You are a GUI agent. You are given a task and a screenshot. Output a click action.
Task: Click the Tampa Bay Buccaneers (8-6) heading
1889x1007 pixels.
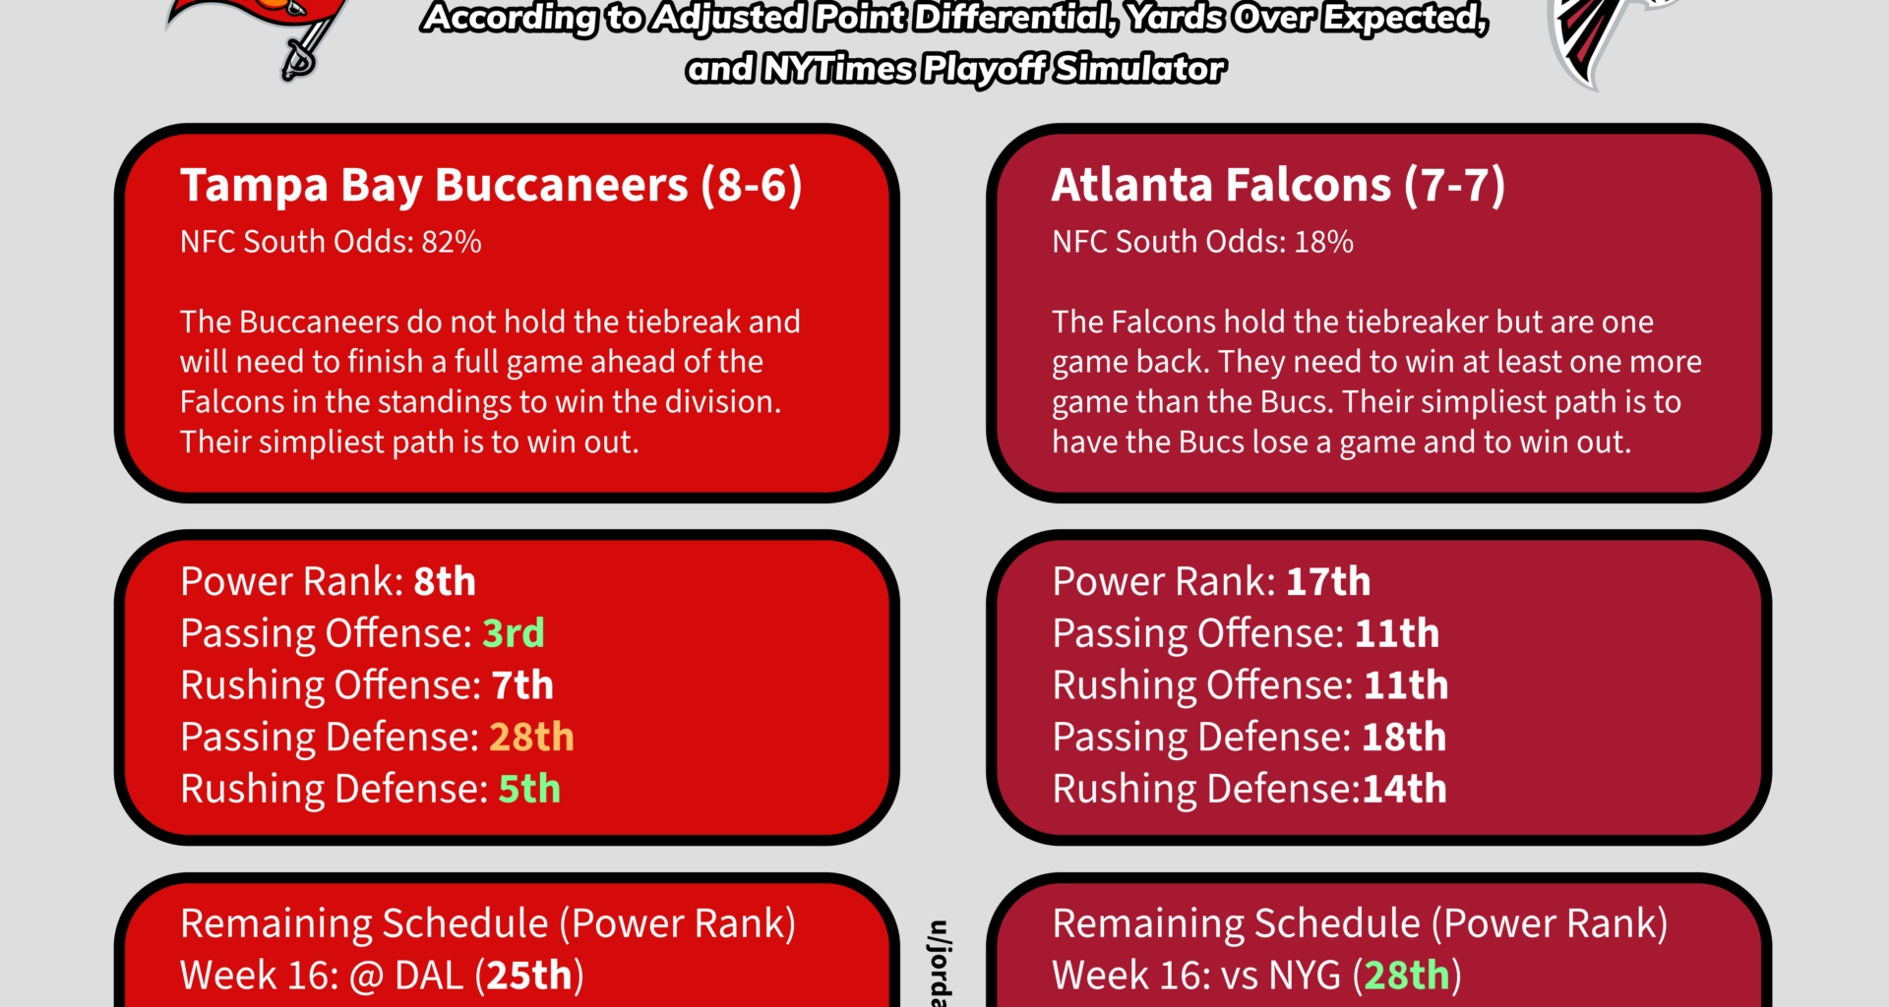tap(490, 185)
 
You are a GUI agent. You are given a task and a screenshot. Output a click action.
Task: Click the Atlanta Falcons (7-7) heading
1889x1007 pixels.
tap(1277, 185)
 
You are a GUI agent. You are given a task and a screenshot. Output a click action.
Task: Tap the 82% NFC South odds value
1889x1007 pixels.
tap(452, 242)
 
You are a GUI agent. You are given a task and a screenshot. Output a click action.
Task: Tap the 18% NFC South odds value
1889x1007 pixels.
tap(1323, 242)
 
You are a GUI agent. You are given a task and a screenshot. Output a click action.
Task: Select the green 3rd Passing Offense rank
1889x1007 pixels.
tap(513, 633)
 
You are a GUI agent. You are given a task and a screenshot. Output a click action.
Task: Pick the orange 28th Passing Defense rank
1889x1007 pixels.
tap(531, 738)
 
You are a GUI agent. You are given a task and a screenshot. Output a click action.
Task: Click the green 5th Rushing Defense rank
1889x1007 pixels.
tap(529, 789)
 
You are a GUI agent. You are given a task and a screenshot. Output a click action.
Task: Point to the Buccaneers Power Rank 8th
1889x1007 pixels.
tap(445, 582)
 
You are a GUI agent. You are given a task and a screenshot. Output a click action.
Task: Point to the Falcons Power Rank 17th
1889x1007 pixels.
tap(1327, 582)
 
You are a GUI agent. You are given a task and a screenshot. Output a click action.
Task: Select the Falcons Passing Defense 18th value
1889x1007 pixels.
tap(1403, 738)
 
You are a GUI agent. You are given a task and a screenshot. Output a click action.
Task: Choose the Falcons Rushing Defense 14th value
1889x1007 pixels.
tap(1404, 789)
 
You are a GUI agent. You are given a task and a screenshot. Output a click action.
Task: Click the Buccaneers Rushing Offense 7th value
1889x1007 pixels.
tap(522, 685)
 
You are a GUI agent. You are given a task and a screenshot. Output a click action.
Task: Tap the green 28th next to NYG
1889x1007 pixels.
tap(1406, 976)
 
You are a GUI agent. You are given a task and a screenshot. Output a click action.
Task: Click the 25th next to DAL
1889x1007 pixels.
tap(529, 976)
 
